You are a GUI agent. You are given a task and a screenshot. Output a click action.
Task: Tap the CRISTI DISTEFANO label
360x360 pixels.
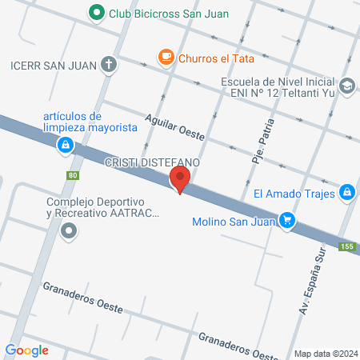[x=151, y=162]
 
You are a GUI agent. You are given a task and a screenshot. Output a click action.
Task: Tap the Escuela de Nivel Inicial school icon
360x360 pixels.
[x=347, y=85]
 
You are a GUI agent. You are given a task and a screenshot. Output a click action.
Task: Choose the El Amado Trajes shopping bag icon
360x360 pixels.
[x=347, y=192]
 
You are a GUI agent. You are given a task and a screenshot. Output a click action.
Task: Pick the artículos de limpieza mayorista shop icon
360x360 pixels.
[x=65, y=146]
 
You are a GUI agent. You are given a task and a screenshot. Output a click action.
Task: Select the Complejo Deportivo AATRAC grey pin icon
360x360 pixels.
[x=70, y=232]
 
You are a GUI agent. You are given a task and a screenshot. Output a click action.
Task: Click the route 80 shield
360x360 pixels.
[x=73, y=175]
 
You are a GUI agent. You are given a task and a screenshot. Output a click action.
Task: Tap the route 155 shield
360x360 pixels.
[x=346, y=246]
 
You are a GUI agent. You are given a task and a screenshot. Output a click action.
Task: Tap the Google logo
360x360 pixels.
[x=26, y=350]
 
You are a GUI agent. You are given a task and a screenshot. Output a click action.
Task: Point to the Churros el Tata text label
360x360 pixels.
[x=212, y=58]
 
